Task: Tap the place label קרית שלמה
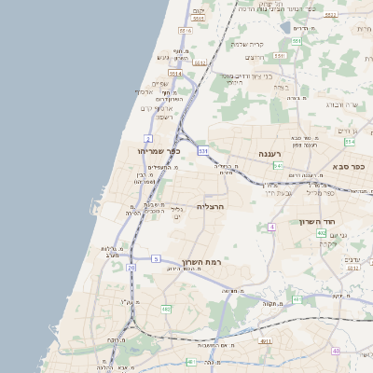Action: [249, 45]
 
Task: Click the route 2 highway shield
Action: [148, 138]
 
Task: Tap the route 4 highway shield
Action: [271, 227]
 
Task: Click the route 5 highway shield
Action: [156, 257]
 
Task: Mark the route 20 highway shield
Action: [131, 268]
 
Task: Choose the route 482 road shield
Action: [166, 308]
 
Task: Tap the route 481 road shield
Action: [190, 361]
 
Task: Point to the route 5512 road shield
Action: [197, 18]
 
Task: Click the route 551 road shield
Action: [296, 42]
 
